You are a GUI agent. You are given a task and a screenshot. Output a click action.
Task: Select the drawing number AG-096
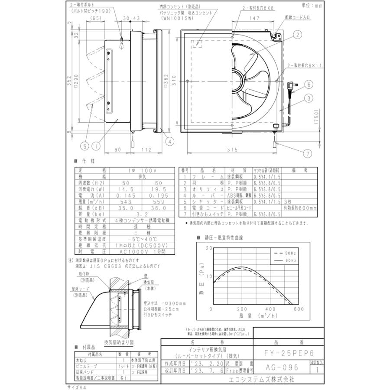[x=282, y=367]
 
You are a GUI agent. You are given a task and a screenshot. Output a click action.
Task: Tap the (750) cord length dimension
[x=316, y=117]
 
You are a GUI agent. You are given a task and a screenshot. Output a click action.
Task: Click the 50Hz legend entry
[x=286, y=252]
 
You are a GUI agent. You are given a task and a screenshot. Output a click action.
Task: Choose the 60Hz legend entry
[x=286, y=260]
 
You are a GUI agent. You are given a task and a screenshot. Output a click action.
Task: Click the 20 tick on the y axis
[x=205, y=248]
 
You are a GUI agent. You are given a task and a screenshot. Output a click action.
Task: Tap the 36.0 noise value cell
[x=158, y=208]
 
